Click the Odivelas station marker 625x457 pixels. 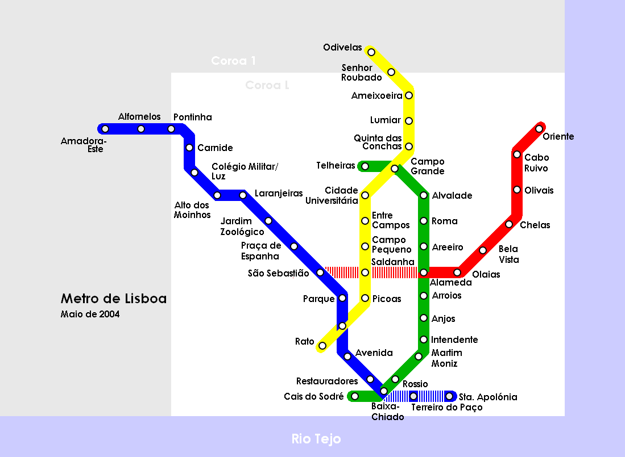coord(371,52)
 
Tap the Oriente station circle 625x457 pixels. coord(539,129)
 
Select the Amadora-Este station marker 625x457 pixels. coord(105,129)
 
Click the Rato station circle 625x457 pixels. coord(322,346)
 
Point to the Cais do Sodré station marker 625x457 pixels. coord(355,396)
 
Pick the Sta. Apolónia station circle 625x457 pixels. coord(449,396)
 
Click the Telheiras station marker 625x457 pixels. coord(365,166)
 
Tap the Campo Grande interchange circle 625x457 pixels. coord(395,169)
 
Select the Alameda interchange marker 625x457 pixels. coord(424,272)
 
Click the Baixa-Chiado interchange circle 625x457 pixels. coord(384,391)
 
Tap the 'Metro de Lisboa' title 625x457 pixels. coord(114,299)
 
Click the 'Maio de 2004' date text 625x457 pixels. coord(90,314)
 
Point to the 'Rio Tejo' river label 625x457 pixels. coord(316,439)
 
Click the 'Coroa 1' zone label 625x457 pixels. coord(233,61)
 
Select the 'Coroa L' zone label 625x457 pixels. coord(267,85)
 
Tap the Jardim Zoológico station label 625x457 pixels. coord(242,227)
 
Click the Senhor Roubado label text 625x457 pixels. coord(362,73)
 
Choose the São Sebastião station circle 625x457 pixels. coord(320,272)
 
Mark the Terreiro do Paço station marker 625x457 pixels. coord(413,396)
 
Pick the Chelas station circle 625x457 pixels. coord(509,224)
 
